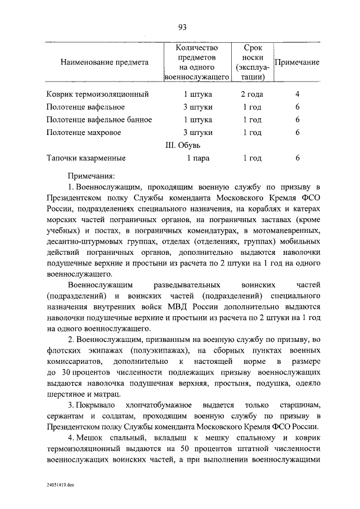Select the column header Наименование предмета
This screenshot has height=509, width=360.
tap(105, 62)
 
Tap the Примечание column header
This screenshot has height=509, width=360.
tap(296, 62)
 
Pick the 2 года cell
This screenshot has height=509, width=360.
tap(252, 94)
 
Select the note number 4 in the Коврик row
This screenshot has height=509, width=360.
tap(297, 94)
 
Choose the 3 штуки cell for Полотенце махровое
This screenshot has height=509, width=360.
tap(197, 133)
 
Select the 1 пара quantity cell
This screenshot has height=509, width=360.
tap(198, 158)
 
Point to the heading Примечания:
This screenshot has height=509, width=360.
tap(91, 176)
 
